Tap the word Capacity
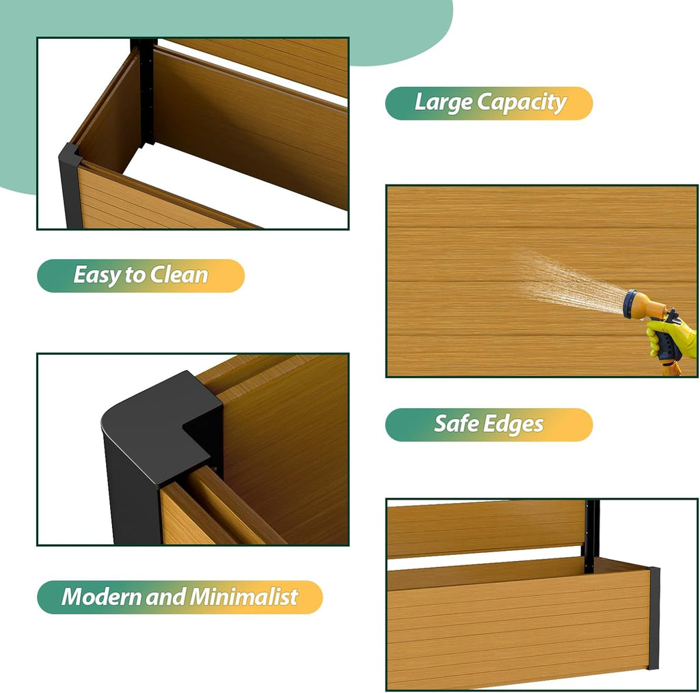tap(522, 103)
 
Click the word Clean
tap(179, 275)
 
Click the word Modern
tap(101, 597)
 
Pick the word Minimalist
tap(244, 597)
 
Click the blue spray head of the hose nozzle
tap(631, 304)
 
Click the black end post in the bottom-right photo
tap(654, 618)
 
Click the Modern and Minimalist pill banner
tap(180, 597)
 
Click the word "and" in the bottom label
tap(165, 597)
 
